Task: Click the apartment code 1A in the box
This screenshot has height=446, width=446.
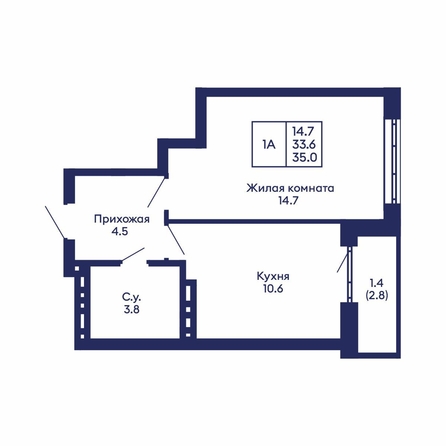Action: pyautogui.click(x=269, y=145)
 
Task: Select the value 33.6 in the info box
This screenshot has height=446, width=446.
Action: pyautogui.click(x=304, y=145)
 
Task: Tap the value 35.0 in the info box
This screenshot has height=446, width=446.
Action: pyautogui.click(x=304, y=157)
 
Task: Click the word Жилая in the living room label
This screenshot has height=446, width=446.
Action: pyautogui.click(x=265, y=188)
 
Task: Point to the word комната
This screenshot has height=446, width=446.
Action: pyautogui.click(x=311, y=189)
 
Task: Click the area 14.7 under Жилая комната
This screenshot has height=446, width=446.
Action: pyautogui.click(x=290, y=201)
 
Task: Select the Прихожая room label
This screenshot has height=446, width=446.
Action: pyautogui.click(x=122, y=219)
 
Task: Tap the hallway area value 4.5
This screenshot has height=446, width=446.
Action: pyautogui.click(x=120, y=231)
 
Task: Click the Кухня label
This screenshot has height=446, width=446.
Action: pyautogui.click(x=273, y=276)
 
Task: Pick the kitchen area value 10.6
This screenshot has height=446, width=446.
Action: pyautogui.click(x=273, y=288)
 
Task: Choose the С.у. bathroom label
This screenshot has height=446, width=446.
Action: pyautogui.click(x=131, y=297)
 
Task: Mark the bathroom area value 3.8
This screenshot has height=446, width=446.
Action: pyautogui.click(x=131, y=309)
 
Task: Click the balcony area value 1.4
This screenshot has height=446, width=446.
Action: pyautogui.click(x=377, y=283)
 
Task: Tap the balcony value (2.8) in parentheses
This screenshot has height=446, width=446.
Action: pyautogui.click(x=377, y=295)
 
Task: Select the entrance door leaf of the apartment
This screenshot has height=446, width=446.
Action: pyautogui.click(x=55, y=222)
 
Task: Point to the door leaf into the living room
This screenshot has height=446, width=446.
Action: pyautogui.click(x=156, y=193)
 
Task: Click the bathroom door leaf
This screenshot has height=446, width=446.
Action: pyautogui.click(x=133, y=255)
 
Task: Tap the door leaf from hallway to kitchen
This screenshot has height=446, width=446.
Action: pyautogui.click(x=176, y=240)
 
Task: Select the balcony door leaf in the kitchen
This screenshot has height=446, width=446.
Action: pyautogui.click(x=343, y=260)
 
